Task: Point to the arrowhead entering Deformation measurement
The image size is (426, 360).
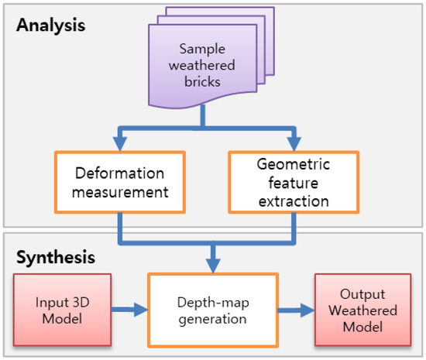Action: coord(119,144)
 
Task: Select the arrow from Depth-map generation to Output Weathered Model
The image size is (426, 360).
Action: coord(294,310)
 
